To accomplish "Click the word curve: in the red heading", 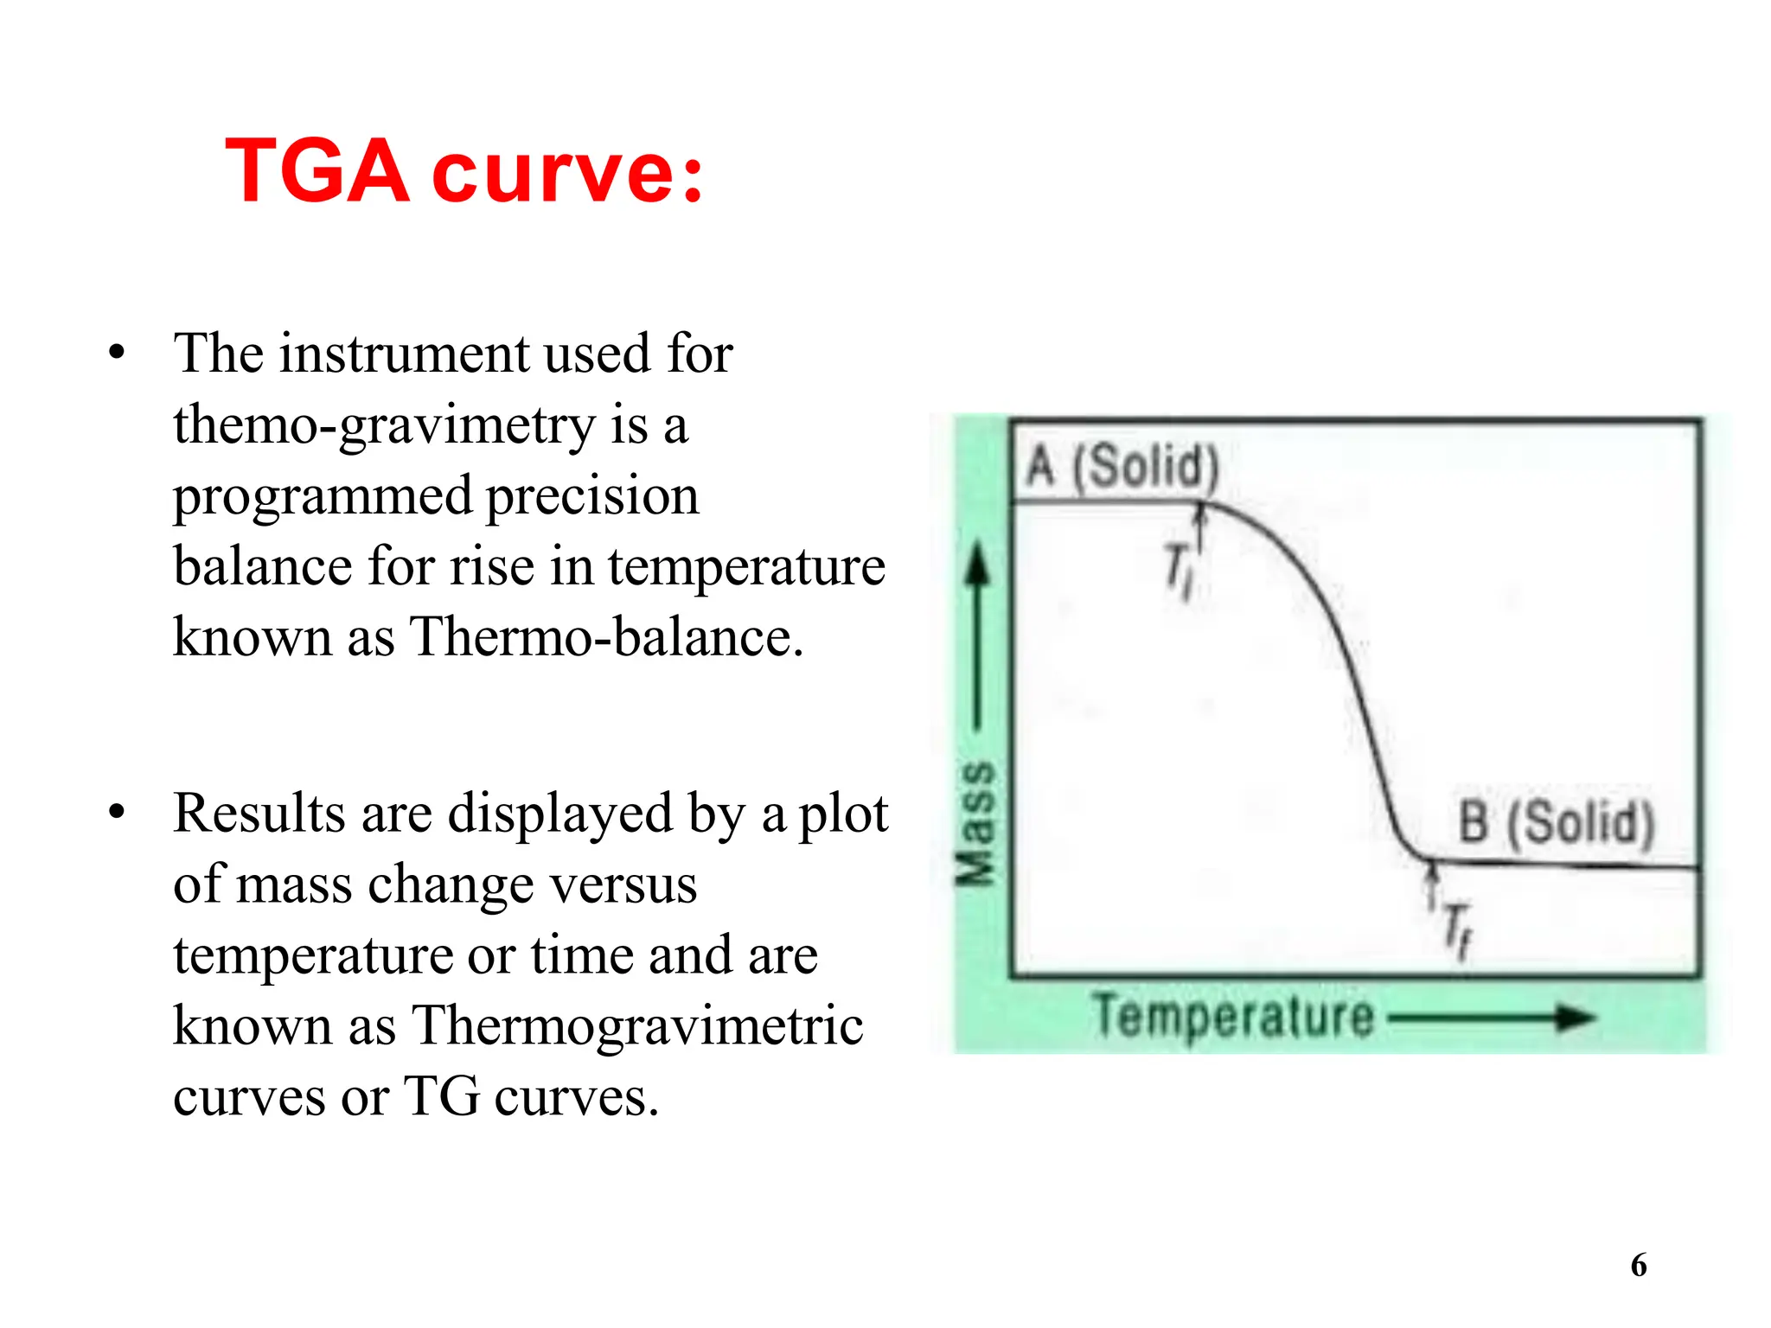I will click(567, 173).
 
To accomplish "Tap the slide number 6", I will click(1638, 1265).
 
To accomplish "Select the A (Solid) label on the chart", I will click(1122, 468).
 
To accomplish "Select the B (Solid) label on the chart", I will click(1556, 822).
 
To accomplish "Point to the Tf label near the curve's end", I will click(1456, 930).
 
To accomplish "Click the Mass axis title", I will click(976, 823).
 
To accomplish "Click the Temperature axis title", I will click(1232, 1016).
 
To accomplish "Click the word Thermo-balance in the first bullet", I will click(605, 637).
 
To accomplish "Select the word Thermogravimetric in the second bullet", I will click(636, 1026).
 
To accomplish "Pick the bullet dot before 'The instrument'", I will click(117, 353).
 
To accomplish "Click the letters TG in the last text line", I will click(441, 1096).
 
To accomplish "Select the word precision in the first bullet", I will click(592, 496).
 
